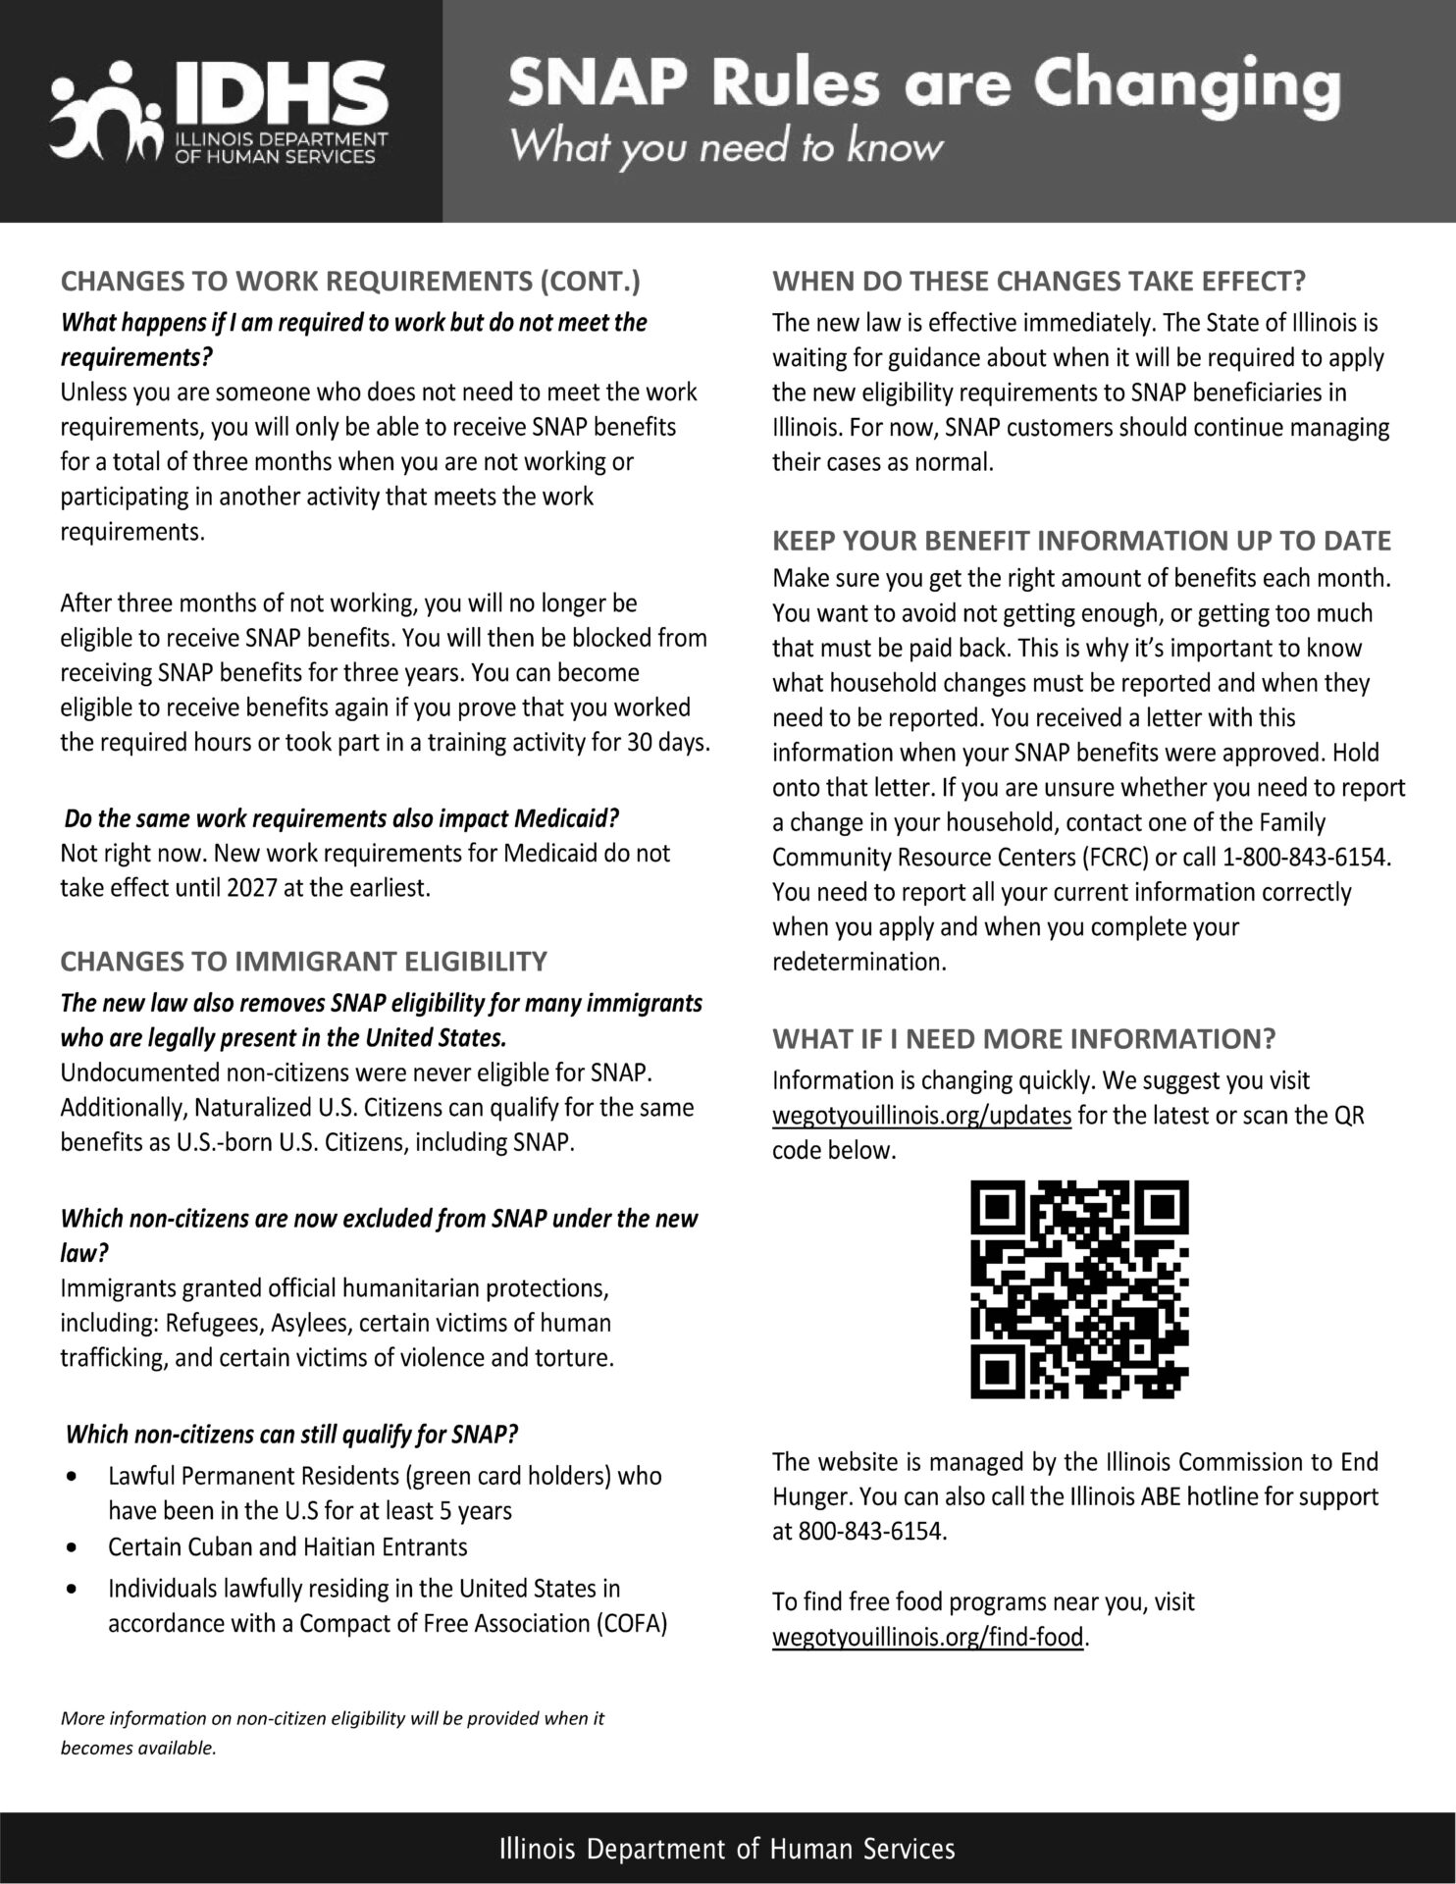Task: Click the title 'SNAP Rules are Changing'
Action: point(923,85)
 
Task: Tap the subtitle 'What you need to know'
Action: point(727,147)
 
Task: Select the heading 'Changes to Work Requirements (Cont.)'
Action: point(350,282)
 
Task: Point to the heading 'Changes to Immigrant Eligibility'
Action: point(304,961)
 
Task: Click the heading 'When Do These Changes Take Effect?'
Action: point(1039,282)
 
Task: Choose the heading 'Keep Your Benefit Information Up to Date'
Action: point(1081,541)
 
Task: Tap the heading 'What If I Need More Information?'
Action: point(1023,1038)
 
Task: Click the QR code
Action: point(1079,1289)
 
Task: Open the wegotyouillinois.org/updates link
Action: point(921,1116)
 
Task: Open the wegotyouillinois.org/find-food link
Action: point(928,1637)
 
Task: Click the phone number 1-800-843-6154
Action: point(1305,857)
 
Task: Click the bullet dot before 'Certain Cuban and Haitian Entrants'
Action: point(72,1547)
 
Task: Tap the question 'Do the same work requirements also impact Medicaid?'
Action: point(341,817)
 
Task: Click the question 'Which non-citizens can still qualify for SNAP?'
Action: point(290,1435)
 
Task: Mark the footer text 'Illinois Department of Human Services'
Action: point(727,1849)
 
